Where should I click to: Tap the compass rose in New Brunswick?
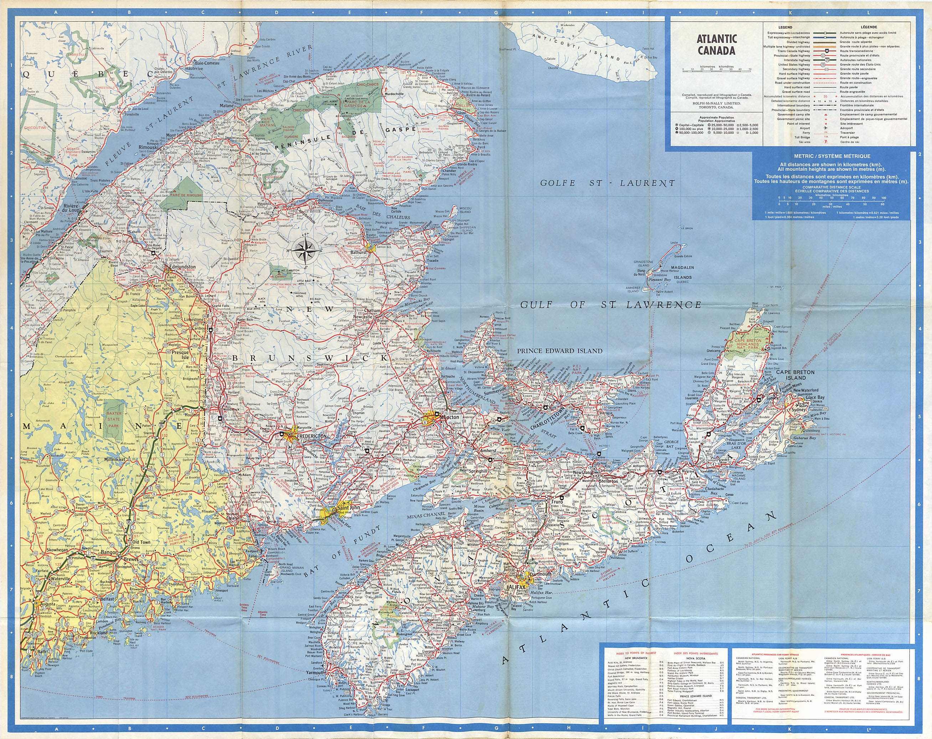pyautogui.click(x=306, y=250)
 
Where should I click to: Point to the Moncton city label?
pyautogui.click(x=449, y=418)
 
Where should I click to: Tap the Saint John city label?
pyautogui.click(x=348, y=508)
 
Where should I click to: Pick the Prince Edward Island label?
pyautogui.click(x=559, y=351)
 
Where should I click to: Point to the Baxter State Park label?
pyautogui.click(x=114, y=419)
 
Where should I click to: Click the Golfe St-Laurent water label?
pyautogui.click(x=607, y=183)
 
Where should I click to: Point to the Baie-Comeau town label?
pyautogui.click(x=207, y=63)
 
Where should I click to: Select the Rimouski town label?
pyautogui.click(x=148, y=147)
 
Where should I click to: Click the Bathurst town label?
pyautogui.click(x=358, y=252)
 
